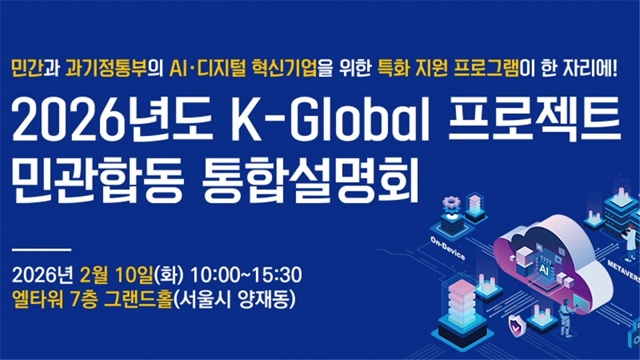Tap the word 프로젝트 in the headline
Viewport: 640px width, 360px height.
pyautogui.click(x=535, y=119)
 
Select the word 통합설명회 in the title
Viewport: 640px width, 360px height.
pyautogui.click(x=311, y=181)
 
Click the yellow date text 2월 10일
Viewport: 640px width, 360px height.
pyautogui.click(x=116, y=275)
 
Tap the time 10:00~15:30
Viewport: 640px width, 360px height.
pyautogui.click(x=246, y=275)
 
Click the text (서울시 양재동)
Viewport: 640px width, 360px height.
pyautogui.click(x=234, y=299)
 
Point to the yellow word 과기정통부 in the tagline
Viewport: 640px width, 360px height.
pyautogui.click(x=106, y=68)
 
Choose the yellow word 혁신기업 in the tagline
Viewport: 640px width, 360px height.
pyautogui.click(x=285, y=68)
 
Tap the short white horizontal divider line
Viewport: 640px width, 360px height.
pyautogui.click(x=41, y=249)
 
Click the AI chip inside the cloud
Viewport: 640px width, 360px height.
pyautogui.click(x=543, y=268)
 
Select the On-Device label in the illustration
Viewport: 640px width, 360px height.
pyautogui.click(x=448, y=248)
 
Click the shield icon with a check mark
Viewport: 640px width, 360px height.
pyautogui.click(x=517, y=327)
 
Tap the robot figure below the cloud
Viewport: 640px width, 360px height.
pyautogui.click(x=567, y=319)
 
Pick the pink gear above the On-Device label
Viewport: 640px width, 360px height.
pyautogui.click(x=451, y=203)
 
